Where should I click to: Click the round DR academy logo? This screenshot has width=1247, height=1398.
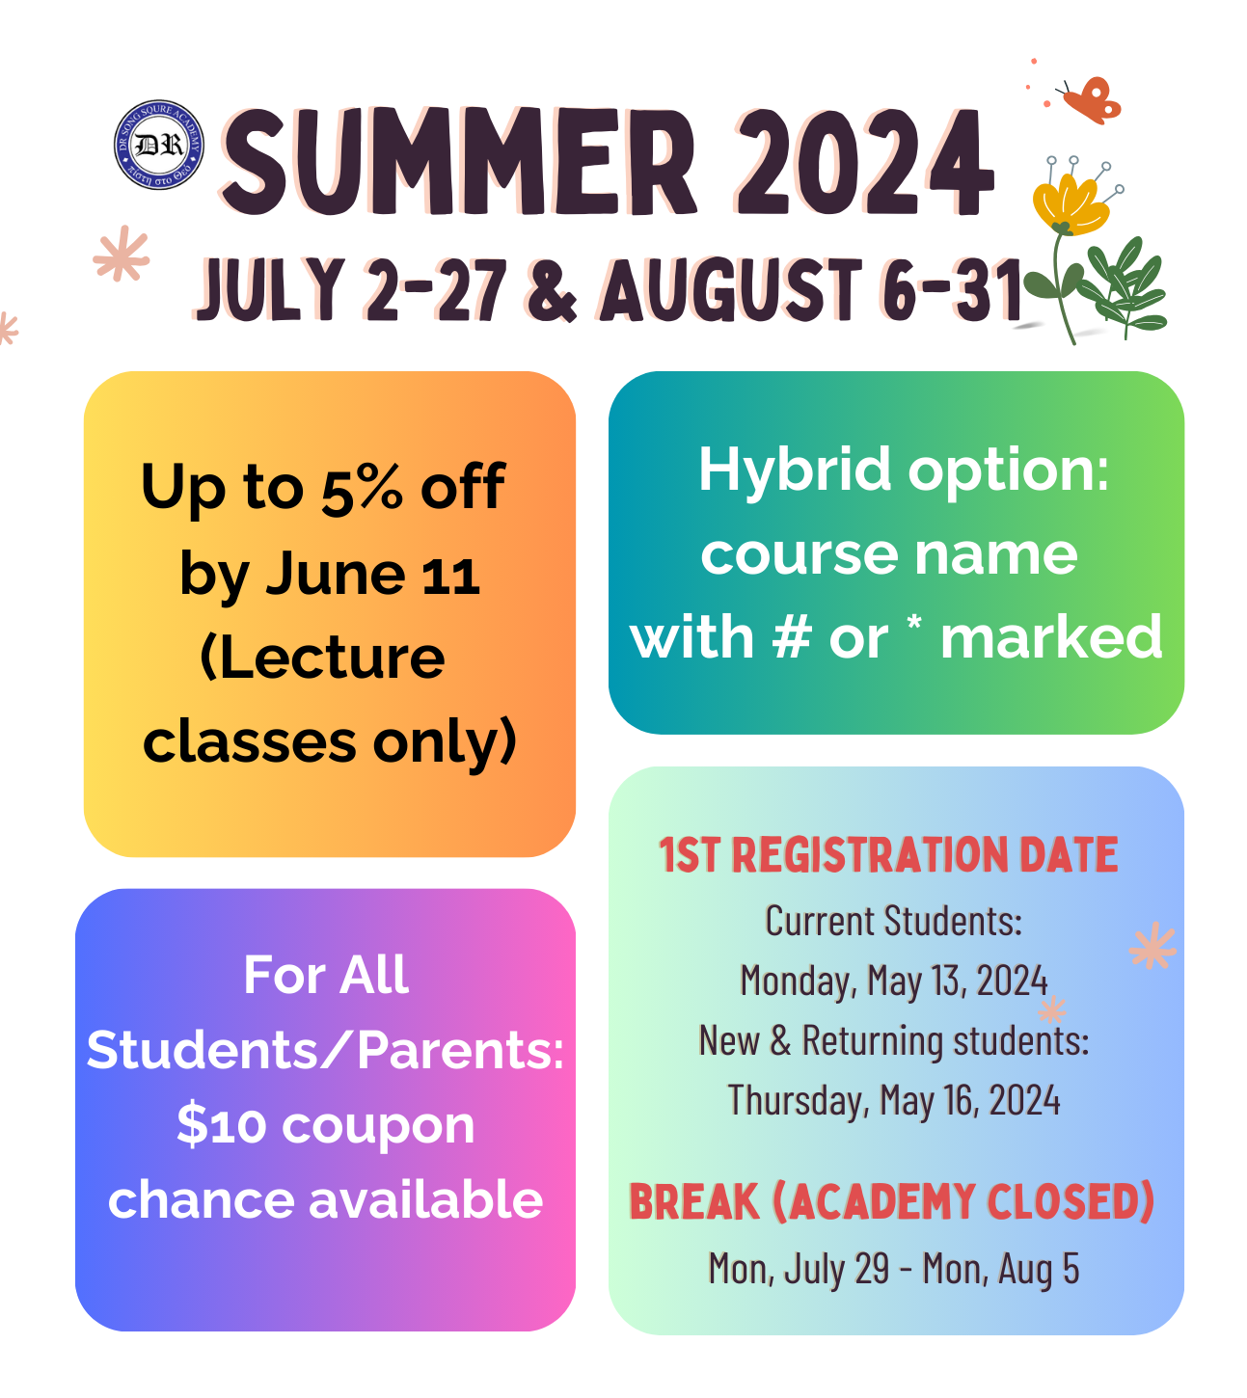pos(159,145)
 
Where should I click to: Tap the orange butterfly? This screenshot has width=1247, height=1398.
pos(1090,100)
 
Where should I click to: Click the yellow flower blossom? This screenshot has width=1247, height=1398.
pos(1069,202)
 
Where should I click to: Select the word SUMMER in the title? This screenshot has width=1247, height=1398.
pos(459,161)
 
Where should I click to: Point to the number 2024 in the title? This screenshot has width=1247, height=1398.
pos(864,161)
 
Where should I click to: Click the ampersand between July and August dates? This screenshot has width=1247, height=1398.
pos(551,290)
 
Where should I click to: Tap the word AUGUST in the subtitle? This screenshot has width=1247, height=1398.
pos(731,290)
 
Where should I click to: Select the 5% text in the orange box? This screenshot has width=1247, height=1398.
pos(362,488)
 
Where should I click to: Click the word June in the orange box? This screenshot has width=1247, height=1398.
pos(336,574)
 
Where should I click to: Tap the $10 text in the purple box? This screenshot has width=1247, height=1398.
pos(221,1125)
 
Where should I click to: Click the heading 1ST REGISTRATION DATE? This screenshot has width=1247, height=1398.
pos(888,855)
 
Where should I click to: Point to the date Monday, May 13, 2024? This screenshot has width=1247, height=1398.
pos(894,981)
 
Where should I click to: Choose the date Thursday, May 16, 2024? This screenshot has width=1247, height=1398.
pos(894,1101)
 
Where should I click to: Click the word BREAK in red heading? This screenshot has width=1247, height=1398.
pos(694,1202)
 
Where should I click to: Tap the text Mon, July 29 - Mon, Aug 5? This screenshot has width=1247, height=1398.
pos(893,1269)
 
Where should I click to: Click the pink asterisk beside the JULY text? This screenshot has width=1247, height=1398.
pos(122,254)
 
